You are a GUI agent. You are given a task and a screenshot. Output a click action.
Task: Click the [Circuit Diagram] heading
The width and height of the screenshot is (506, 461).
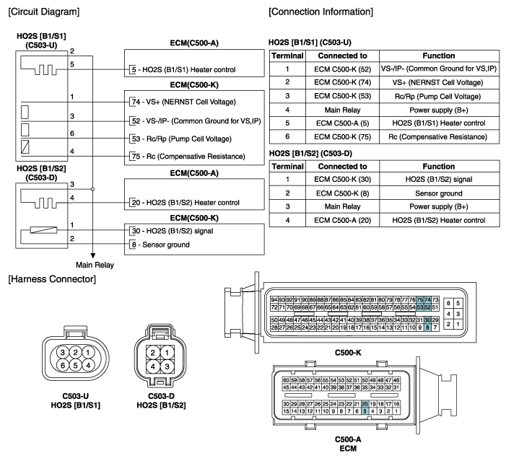pos(44,12)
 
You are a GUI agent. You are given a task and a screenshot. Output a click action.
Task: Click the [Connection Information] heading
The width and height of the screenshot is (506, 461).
pos(320,12)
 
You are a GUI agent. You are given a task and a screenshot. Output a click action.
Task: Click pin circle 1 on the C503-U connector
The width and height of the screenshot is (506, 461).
pos(88,352)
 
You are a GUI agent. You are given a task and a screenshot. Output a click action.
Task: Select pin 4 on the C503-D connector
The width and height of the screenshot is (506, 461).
pos(154,366)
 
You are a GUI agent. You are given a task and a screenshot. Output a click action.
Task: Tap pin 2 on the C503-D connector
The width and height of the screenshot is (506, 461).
pos(154,351)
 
